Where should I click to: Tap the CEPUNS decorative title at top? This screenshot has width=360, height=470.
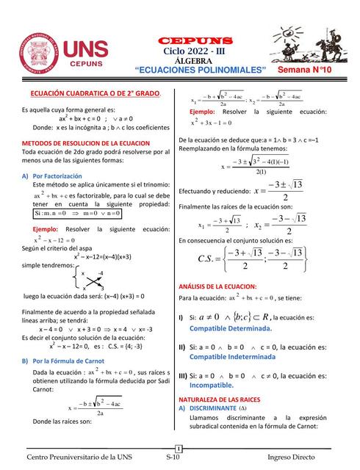[x=195, y=40]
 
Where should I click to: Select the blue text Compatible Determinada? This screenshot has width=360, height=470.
[x=231, y=329]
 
